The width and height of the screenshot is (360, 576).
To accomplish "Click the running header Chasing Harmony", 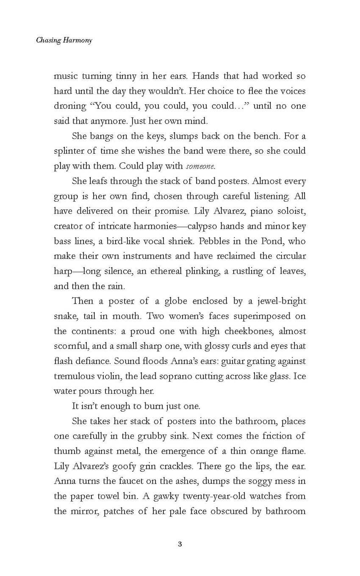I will (x=64, y=41).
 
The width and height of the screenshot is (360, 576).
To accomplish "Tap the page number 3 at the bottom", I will (x=180, y=544).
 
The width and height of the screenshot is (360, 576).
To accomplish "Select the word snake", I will (x=65, y=316).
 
